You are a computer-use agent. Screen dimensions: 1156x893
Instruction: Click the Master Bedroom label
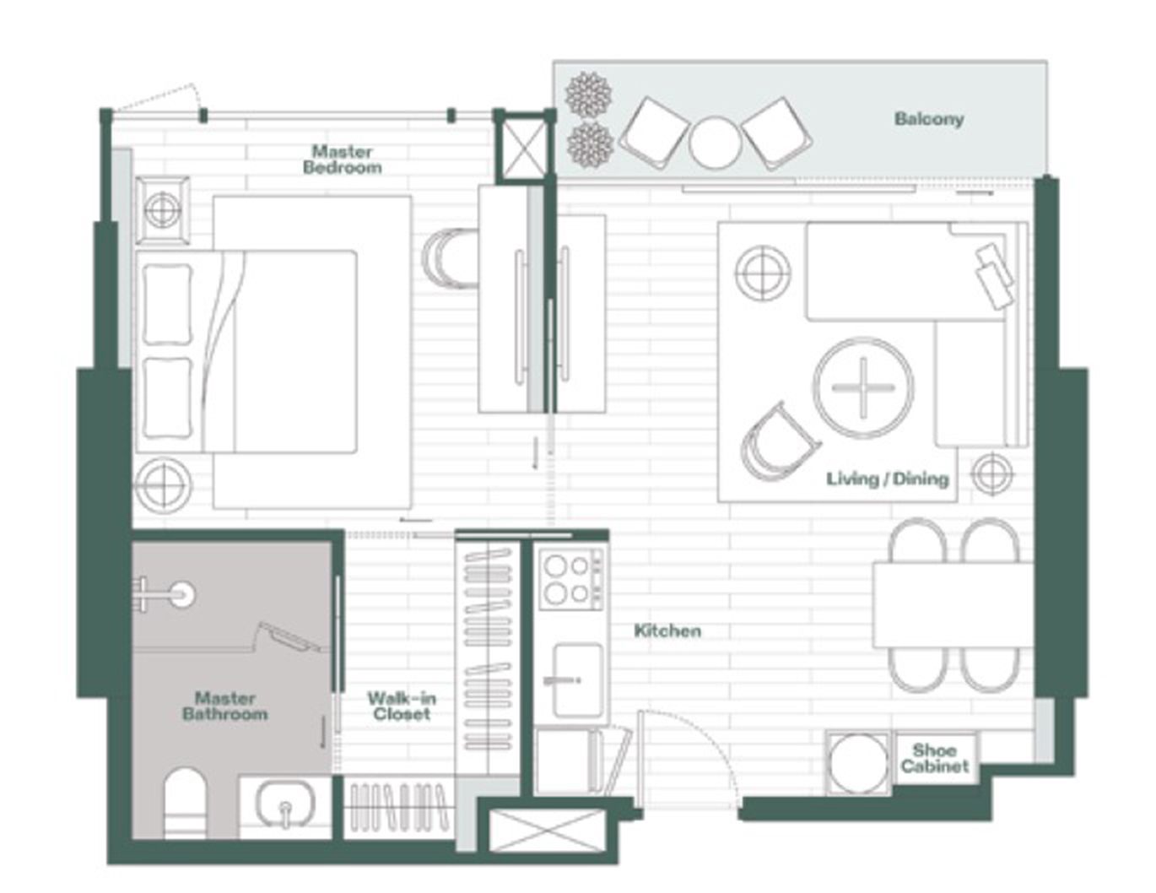coord(342,160)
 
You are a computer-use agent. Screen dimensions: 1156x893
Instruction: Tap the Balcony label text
coord(928,119)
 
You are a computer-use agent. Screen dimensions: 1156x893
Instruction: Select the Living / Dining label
coord(888,479)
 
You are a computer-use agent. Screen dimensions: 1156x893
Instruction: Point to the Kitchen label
coord(667,631)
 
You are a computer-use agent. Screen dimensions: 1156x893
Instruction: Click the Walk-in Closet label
coord(402,706)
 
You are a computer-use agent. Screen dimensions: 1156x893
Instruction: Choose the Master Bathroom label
coord(224,706)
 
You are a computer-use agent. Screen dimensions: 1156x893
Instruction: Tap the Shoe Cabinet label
coord(935,758)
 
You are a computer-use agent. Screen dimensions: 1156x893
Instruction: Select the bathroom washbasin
coord(285,804)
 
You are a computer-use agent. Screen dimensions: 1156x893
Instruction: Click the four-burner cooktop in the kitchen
coord(572,580)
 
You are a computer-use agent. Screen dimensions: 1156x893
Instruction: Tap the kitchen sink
coord(578,681)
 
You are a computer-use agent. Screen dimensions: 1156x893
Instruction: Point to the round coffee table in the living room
coord(863,387)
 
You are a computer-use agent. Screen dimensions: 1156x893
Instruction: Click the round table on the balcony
coord(715,143)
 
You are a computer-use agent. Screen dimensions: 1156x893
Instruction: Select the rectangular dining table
coord(953,605)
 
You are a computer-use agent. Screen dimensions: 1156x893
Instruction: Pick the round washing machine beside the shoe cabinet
coord(857,763)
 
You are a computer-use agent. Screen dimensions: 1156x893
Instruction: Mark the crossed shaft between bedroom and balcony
coord(523,147)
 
